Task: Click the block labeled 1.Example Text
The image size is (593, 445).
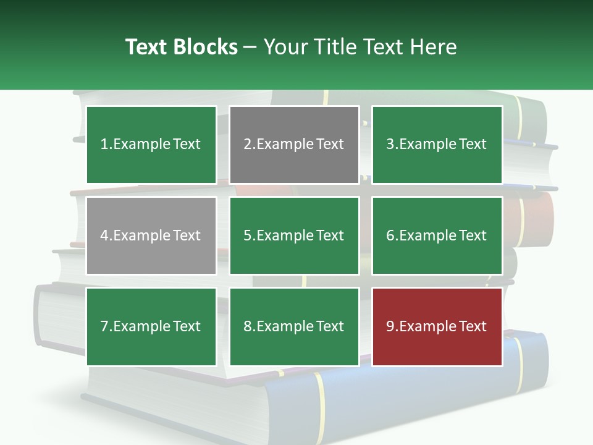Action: click(x=151, y=145)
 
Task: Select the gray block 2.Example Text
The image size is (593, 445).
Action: click(x=294, y=145)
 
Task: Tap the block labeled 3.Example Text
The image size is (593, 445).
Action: click(x=437, y=145)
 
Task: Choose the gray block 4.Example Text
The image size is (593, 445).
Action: click(x=151, y=235)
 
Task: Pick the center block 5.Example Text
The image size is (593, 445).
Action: click(x=294, y=235)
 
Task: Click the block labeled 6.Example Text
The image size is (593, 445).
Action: click(x=437, y=235)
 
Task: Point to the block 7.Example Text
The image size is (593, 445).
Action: click(x=151, y=326)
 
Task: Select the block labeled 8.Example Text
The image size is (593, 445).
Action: click(x=294, y=326)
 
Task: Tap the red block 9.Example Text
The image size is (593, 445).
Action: click(x=437, y=326)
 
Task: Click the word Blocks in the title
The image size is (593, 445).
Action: click(x=205, y=47)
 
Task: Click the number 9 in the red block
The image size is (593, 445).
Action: click(x=390, y=326)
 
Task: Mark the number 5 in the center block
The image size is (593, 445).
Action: click(x=247, y=235)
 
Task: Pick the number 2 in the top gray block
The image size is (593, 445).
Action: click(x=247, y=145)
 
